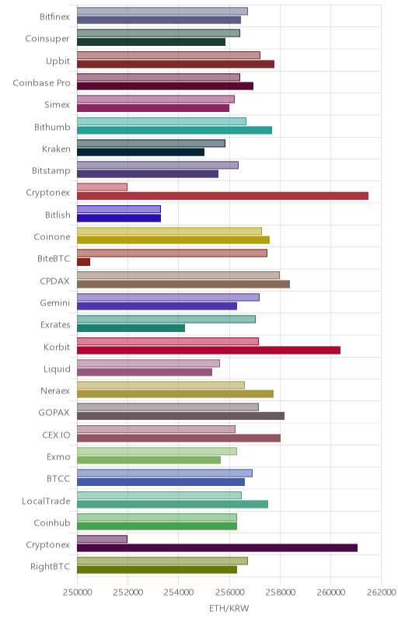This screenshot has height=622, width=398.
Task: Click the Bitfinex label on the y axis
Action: click(x=54, y=16)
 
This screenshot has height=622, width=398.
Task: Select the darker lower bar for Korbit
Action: click(x=208, y=351)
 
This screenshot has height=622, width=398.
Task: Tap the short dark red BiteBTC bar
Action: click(x=83, y=262)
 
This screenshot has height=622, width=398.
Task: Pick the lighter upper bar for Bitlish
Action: click(x=118, y=209)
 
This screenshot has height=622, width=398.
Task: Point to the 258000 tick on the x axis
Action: click(x=280, y=592)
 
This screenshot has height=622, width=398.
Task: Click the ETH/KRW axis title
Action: click(x=229, y=609)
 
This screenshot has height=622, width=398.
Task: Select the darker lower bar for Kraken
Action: click(x=141, y=152)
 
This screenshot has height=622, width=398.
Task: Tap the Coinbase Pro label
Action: click(x=41, y=83)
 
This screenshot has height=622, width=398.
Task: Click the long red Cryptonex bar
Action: click(x=222, y=196)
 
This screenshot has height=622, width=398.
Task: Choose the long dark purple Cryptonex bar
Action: click(x=217, y=548)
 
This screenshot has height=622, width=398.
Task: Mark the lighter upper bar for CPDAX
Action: click(x=178, y=275)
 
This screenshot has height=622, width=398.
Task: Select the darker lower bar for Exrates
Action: click(x=131, y=328)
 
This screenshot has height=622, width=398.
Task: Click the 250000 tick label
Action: click(x=78, y=592)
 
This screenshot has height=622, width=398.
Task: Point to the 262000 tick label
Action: click(x=382, y=592)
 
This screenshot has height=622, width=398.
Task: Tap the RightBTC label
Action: click(x=50, y=567)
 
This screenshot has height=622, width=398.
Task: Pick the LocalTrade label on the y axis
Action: click(x=46, y=501)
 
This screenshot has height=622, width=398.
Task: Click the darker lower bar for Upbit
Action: click(x=176, y=65)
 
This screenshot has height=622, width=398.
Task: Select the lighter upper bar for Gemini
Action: click(x=168, y=297)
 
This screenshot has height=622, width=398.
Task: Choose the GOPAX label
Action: click(x=54, y=413)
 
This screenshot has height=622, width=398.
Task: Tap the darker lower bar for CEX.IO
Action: click(x=179, y=438)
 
